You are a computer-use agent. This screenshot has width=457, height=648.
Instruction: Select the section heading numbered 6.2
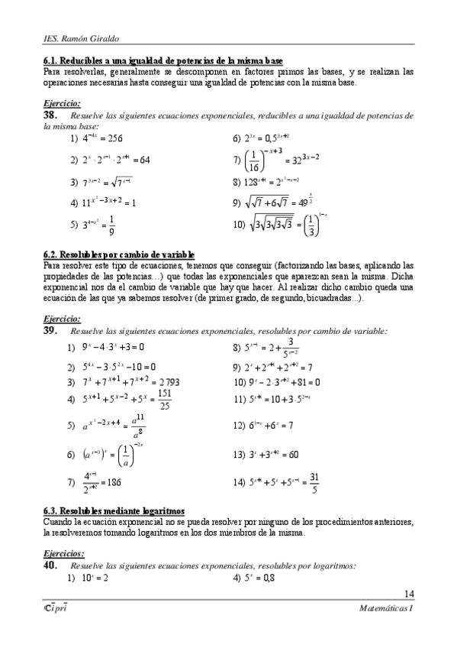119,254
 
